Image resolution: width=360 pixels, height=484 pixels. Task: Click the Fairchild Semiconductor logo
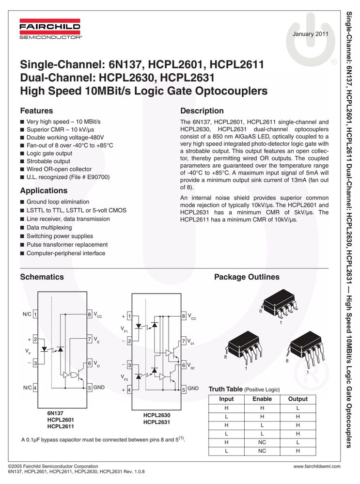tap(50, 29)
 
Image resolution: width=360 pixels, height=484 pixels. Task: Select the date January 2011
tap(310, 34)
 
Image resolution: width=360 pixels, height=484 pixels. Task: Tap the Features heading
tap(36, 110)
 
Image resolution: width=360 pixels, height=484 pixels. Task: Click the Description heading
tap(202, 110)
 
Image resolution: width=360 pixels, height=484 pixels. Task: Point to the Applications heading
tap(44, 190)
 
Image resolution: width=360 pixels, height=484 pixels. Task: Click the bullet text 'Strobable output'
tap(48, 161)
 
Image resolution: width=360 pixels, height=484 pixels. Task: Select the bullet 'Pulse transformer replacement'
tap(67, 245)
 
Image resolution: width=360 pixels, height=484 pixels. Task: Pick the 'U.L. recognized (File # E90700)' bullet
tap(68, 177)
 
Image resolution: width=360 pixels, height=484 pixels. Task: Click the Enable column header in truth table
tap(262, 399)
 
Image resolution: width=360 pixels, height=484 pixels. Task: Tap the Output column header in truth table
tap(297, 399)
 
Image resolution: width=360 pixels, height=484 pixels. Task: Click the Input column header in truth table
tap(226, 399)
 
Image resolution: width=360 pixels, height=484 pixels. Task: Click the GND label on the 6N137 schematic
tap(99, 387)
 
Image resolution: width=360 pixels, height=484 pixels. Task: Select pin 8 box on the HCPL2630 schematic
tap(184, 316)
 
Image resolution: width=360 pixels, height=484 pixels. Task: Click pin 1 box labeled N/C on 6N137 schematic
tap(35, 314)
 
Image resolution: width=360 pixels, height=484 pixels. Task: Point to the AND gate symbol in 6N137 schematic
tap(74, 375)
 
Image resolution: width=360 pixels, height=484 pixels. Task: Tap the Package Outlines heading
tap(247, 277)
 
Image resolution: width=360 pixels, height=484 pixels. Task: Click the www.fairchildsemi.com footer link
tap(317, 467)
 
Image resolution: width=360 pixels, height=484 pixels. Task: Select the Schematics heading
tap(42, 277)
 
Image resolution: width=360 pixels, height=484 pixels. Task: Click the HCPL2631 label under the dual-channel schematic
tap(157, 422)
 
